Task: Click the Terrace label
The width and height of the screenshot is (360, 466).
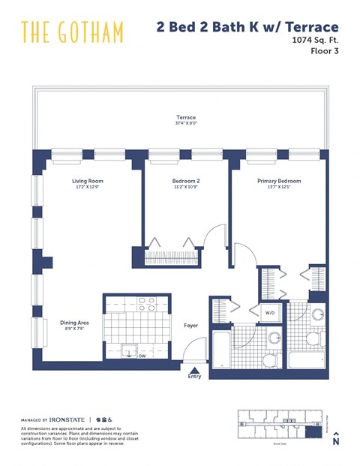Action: [186, 118]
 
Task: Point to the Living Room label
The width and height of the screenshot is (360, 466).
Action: [87, 181]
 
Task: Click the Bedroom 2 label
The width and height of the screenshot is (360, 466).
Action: [186, 181]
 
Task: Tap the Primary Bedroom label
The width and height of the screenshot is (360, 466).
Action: [279, 181]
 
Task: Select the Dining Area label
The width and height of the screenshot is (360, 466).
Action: [75, 323]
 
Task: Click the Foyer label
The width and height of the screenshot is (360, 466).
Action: [190, 326]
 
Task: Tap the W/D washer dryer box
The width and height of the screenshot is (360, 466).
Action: [270, 313]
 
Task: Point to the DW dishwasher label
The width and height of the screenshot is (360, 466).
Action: [142, 356]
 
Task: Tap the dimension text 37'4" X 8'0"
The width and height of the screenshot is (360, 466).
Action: [186, 125]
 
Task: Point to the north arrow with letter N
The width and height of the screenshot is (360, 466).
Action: [336, 439]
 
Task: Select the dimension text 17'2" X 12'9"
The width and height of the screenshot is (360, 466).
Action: [87, 188]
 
